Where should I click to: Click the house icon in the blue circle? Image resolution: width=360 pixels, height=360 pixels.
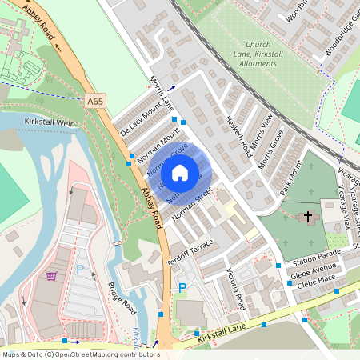(x=180, y=172)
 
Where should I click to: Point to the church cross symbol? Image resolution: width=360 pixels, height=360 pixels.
(x=308, y=217)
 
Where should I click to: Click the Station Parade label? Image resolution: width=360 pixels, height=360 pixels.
(x=316, y=260)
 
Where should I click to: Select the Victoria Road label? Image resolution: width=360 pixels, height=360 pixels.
(x=234, y=286)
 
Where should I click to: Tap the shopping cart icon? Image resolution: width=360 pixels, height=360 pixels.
(x=52, y=276)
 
